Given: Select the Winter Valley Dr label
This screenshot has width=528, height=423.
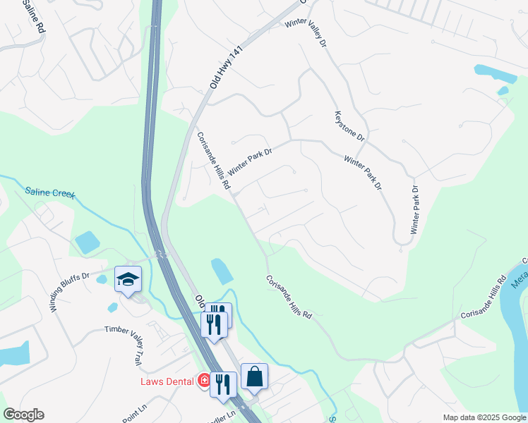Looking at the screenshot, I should click(307, 32).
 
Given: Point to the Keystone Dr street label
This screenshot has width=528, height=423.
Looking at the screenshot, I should click(349, 125).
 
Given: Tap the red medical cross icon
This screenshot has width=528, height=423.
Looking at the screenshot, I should click(205, 381).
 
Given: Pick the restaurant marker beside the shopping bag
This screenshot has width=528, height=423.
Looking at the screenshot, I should click(222, 384).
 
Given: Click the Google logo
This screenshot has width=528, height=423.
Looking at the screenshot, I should click(23, 415).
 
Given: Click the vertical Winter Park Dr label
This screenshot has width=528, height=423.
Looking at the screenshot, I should click(415, 210).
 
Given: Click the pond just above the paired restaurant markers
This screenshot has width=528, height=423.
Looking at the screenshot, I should click(220, 271).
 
